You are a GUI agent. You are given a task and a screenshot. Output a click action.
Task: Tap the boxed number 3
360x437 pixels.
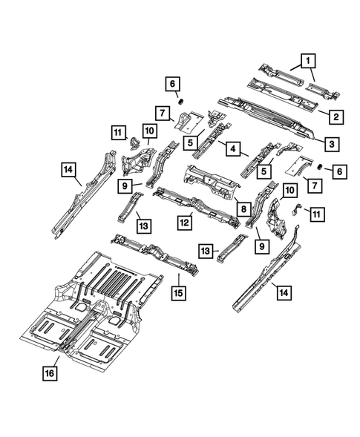335,145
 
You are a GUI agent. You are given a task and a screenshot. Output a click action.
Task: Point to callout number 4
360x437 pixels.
232,149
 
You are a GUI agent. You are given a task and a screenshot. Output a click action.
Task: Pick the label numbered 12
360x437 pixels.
185,220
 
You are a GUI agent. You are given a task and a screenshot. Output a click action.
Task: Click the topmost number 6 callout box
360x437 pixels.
171,83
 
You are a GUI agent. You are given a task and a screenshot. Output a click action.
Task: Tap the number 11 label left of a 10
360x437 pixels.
117,133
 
